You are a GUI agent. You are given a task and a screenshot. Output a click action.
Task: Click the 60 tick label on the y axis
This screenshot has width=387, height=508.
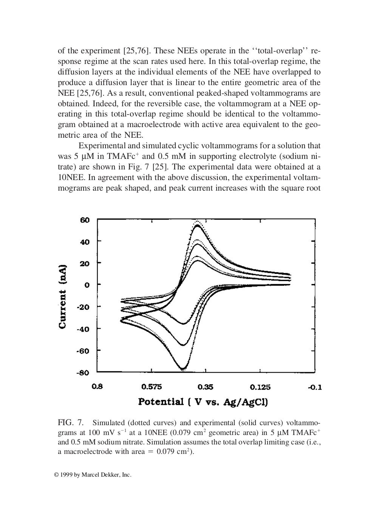(84, 220)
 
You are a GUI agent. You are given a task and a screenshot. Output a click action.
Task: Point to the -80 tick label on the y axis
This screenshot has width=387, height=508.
(83, 373)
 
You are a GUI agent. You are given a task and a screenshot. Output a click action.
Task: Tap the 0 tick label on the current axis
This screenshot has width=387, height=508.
(87, 285)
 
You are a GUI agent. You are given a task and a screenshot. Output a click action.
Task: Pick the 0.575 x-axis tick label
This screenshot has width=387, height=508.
(152, 387)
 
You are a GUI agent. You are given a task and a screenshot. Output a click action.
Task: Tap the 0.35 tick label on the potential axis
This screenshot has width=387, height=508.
(206, 387)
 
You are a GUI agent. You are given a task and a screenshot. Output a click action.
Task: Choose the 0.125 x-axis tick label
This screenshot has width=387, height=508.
(260, 387)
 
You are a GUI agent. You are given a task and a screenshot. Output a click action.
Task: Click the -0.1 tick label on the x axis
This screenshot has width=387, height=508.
(314, 387)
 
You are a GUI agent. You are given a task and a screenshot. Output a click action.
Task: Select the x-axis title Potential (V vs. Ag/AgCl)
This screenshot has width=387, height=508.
(203, 401)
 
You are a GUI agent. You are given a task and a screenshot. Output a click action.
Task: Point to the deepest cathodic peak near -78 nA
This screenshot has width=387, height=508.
(183, 368)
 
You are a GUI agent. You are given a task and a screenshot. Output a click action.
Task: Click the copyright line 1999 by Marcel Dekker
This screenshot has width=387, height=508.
(94, 475)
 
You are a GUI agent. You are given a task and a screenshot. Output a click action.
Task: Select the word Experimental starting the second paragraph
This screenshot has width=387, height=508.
(101, 146)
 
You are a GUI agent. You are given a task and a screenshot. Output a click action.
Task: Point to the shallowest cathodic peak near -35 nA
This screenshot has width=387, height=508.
(183, 324)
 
